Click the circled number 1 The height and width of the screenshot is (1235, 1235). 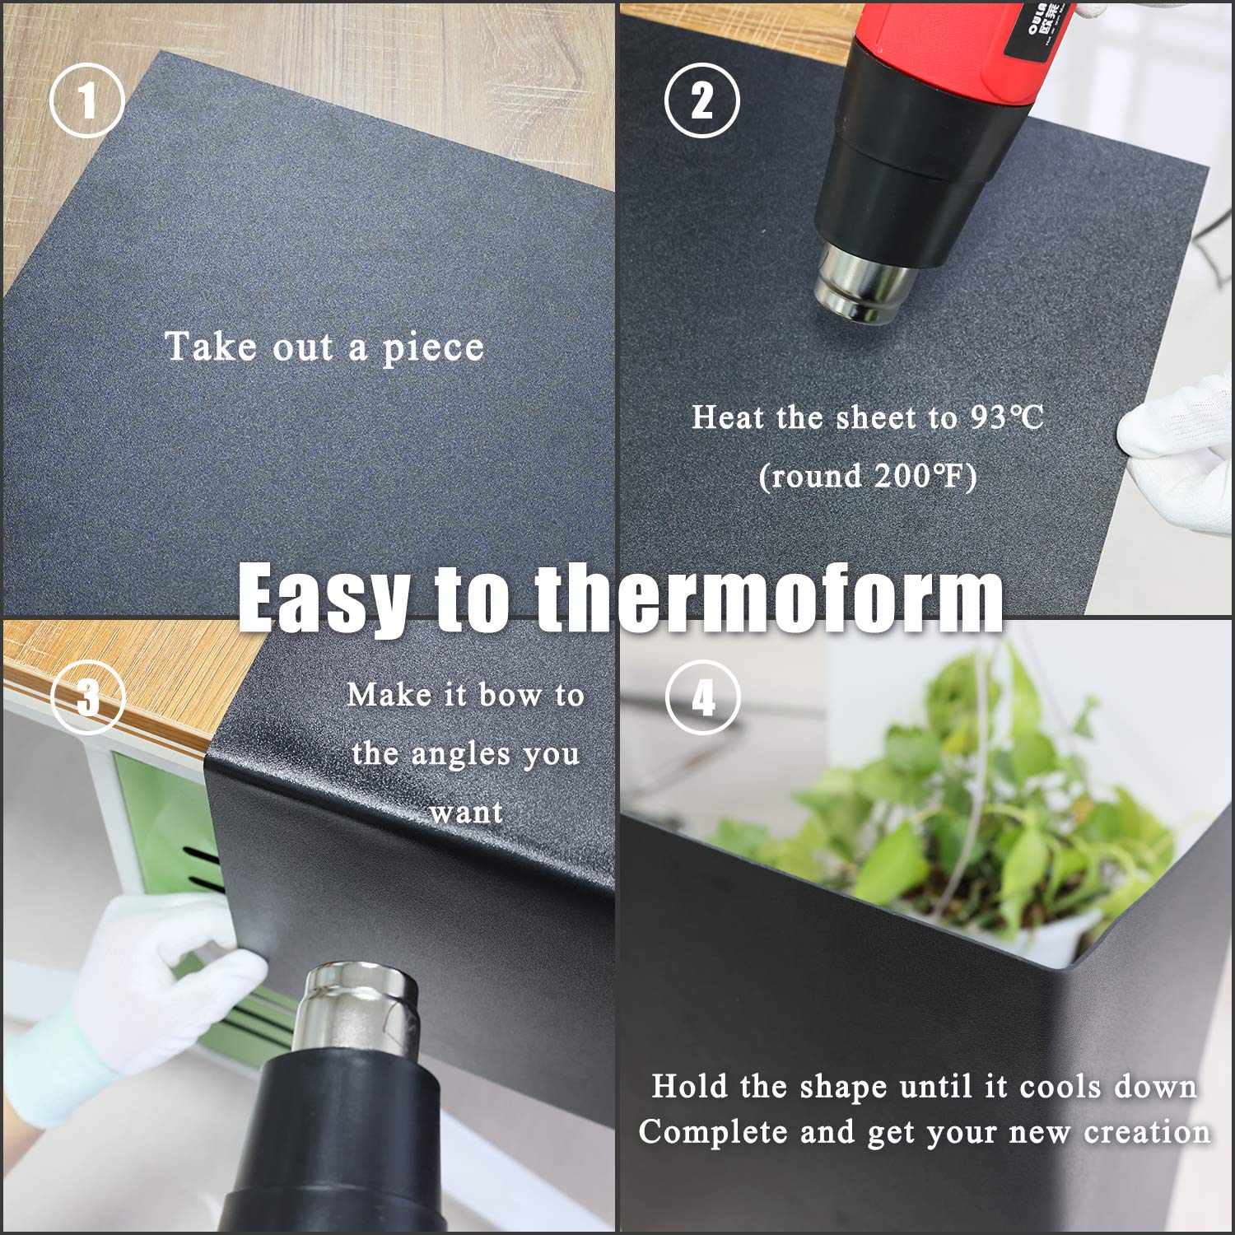click(87, 102)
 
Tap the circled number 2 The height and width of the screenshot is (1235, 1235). click(701, 101)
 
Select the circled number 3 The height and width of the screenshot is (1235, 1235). click(87, 697)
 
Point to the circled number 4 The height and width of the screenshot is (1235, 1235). click(702, 698)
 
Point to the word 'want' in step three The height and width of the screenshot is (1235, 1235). click(466, 813)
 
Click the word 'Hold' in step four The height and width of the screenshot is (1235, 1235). click(687, 1087)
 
